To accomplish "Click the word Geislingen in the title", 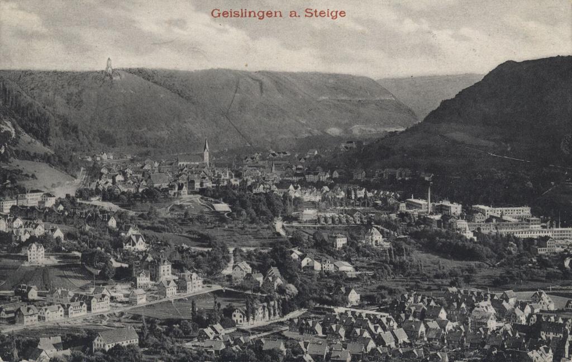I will point(247,13).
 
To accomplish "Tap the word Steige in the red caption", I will point(325,13).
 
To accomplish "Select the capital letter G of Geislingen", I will point(215,13).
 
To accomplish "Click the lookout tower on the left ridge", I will point(109,66).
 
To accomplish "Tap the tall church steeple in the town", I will point(206,151).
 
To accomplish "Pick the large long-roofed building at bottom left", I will point(116,338).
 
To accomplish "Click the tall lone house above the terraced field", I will point(36,252).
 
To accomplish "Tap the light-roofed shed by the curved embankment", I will point(221,208).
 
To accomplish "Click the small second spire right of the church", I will point(272,166).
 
